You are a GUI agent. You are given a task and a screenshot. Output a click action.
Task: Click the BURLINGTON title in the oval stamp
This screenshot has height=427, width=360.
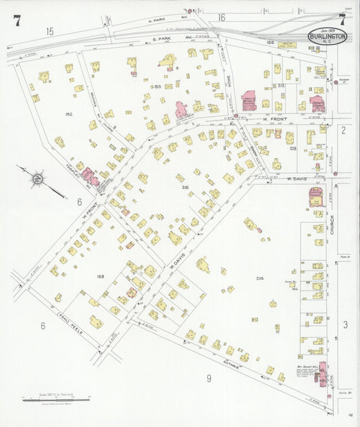click(x=328, y=35)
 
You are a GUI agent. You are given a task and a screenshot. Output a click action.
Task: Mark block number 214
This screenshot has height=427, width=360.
click(x=260, y=278)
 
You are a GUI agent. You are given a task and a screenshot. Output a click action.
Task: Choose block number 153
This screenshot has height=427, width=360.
click(x=157, y=86)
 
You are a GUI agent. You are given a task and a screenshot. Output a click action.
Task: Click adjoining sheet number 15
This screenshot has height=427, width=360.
click(x=49, y=32)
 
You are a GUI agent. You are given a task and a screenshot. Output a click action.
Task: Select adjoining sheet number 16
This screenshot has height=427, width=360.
click(x=221, y=17)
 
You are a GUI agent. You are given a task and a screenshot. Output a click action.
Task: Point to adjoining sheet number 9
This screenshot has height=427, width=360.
click(x=208, y=378)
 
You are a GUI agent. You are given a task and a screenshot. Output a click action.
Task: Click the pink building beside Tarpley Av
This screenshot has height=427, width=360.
click(x=90, y=178)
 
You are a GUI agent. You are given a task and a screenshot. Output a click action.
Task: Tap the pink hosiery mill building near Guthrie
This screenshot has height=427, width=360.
click(x=322, y=373)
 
